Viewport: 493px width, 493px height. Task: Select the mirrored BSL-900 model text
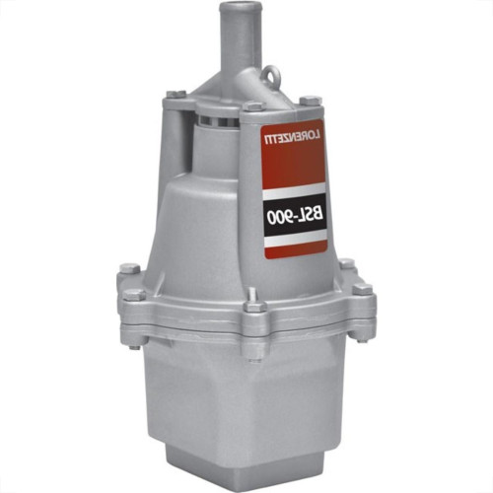[296, 216]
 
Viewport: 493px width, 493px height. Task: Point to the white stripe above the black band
[295, 192]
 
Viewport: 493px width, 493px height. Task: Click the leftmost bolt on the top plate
[174, 94]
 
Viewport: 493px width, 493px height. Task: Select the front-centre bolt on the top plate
[255, 106]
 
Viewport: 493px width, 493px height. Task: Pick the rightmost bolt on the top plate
[310, 100]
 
